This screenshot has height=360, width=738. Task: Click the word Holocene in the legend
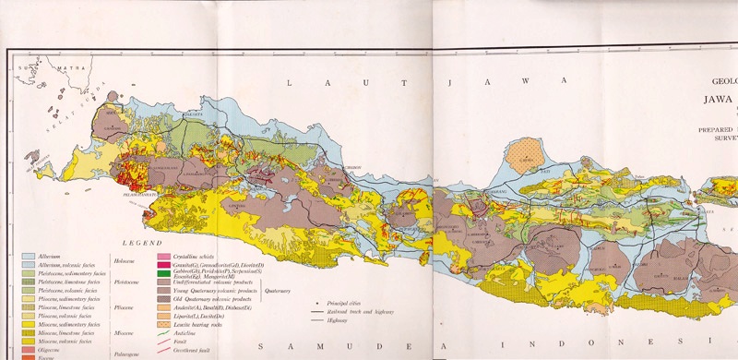click(125, 259)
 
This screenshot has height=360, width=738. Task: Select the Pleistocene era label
click(126, 284)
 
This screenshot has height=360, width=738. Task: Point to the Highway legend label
click(337, 322)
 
